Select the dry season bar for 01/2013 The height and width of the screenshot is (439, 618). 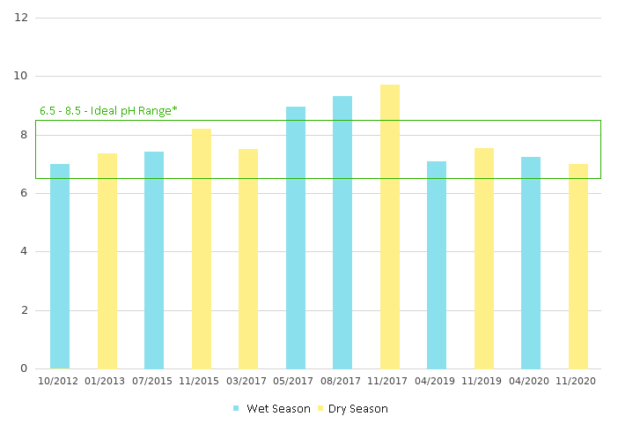[107, 261]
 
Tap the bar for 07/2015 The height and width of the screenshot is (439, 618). [154, 260]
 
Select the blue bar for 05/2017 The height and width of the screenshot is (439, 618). [296, 237]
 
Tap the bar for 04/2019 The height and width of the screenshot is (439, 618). [437, 264]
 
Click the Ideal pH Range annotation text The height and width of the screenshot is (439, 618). [108, 111]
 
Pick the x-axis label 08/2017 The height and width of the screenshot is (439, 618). [342, 381]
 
